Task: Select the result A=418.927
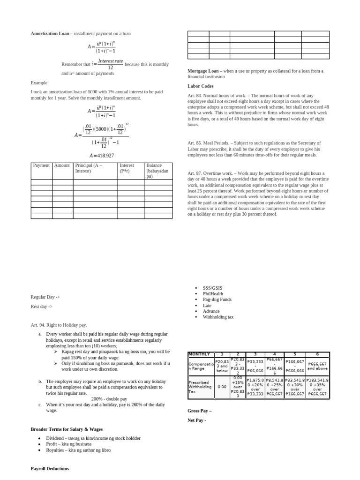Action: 102,156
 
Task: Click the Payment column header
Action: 41,165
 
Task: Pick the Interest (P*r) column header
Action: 127,168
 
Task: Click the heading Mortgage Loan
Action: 204,71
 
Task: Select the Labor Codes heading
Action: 200,86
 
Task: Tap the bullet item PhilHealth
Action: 213,294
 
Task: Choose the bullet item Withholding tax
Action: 218,317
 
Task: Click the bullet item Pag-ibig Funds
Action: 217,300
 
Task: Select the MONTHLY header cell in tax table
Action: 199,354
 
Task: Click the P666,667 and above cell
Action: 317,366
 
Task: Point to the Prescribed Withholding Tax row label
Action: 200,385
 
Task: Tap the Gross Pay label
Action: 199,411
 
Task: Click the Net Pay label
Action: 196,420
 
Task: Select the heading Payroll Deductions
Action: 50,468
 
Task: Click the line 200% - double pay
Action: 109,399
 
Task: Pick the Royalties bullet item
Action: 78,450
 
